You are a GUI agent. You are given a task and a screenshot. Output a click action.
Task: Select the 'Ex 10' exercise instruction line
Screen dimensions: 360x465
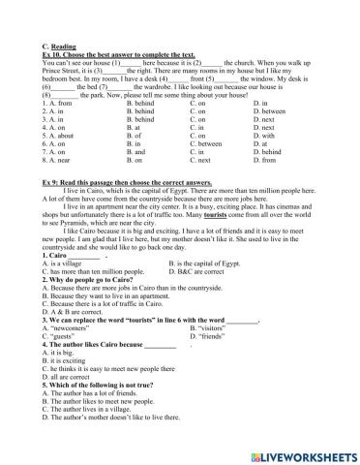[x=115, y=27]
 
